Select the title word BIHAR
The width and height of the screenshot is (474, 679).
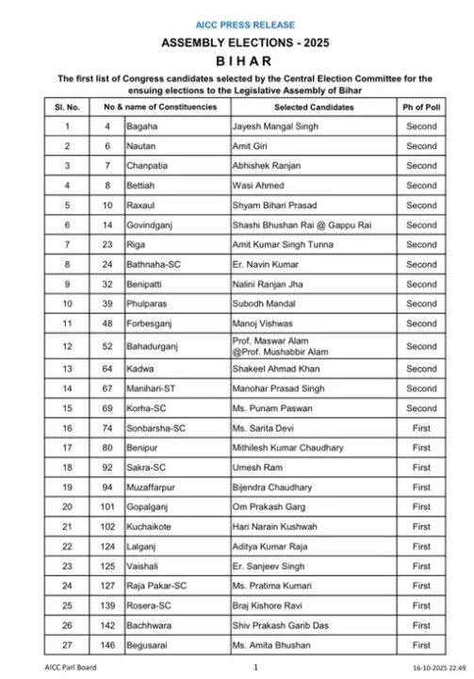coord(237,60)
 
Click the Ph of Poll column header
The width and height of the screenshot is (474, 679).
coord(421,108)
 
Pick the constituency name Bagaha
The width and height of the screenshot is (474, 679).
coord(141,126)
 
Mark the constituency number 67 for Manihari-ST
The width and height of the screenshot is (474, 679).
coord(107,389)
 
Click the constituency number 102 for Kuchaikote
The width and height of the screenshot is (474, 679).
coord(107,527)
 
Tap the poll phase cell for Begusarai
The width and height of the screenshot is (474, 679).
coord(421,645)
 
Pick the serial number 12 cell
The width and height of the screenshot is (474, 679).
coord(68,346)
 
